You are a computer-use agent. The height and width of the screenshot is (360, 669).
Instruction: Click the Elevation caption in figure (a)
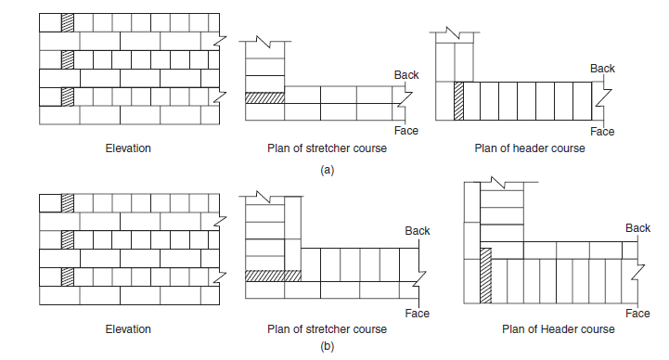click(x=128, y=148)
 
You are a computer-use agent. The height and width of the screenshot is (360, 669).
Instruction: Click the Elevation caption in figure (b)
click(x=128, y=328)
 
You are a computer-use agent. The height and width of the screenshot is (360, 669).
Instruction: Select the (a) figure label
click(x=326, y=171)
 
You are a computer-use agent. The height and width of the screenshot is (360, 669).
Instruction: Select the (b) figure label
click(x=326, y=347)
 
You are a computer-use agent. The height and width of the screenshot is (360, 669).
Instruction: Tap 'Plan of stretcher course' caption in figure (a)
click(x=328, y=148)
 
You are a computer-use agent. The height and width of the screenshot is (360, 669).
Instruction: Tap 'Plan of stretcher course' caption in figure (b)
click(x=328, y=328)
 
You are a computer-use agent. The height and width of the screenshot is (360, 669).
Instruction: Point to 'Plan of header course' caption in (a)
click(x=529, y=148)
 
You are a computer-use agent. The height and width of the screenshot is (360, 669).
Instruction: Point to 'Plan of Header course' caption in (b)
click(x=558, y=328)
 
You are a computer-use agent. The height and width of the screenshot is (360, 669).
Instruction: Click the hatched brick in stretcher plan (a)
click(x=264, y=97)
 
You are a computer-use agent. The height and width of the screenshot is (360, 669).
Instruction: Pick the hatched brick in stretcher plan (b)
click(x=274, y=276)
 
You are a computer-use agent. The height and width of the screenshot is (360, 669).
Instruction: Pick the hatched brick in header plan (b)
click(x=484, y=275)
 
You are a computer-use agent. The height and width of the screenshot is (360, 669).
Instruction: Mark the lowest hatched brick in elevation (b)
click(x=66, y=276)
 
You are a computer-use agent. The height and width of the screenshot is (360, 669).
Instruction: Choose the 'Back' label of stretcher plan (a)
click(x=406, y=74)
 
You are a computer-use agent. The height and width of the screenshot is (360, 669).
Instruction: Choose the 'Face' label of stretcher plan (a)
click(x=406, y=131)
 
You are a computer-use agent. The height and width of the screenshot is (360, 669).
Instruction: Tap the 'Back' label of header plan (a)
click(x=602, y=69)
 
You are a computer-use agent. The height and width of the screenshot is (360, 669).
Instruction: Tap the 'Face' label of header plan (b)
click(x=637, y=314)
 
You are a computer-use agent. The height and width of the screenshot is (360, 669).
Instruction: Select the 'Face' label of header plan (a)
click(x=602, y=132)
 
